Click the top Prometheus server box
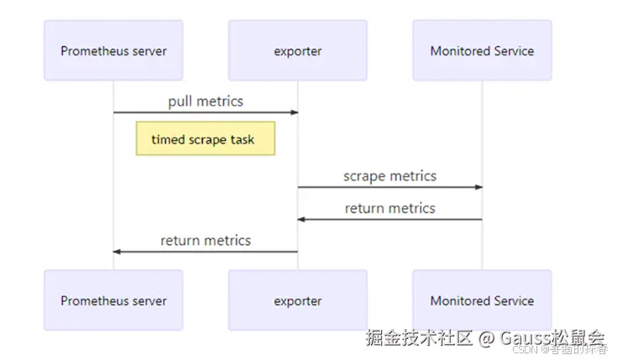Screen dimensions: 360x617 tap(113, 50)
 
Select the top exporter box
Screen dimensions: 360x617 tap(297, 50)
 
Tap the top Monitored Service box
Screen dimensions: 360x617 tap(482, 50)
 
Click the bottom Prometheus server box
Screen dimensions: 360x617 tap(113, 300)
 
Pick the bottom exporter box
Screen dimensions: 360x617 tap(297, 300)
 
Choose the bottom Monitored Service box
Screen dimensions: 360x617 tap(482, 300)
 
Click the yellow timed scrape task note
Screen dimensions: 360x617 tap(206, 139)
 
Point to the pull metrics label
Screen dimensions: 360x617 tap(206, 102)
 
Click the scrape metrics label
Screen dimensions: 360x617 tap(390, 176)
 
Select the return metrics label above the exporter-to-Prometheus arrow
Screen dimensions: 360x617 tap(206, 241)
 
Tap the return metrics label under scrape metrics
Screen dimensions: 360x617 tap(390, 208)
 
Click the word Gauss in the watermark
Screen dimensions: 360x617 tap(525, 337)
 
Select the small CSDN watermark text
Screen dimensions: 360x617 tap(525, 351)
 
